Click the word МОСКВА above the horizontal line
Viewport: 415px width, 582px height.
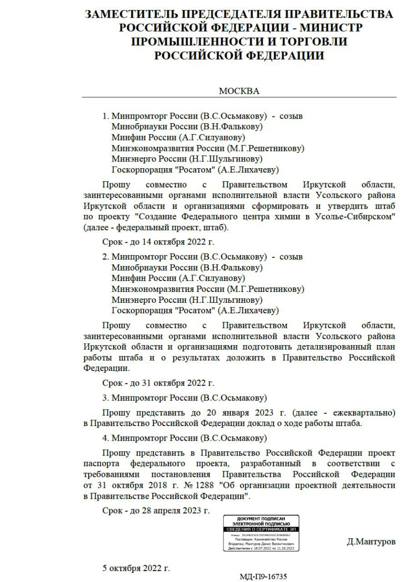pyautogui.click(x=239, y=91)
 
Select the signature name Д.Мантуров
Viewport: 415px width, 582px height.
pyautogui.click(x=371, y=542)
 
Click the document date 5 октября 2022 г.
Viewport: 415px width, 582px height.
pyautogui.click(x=136, y=568)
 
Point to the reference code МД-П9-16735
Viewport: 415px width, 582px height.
pyautogui.click(x=263, y=577)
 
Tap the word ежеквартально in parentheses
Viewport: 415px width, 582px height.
pyautogui.click(x=365, y=413)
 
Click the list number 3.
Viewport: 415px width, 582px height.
pyautogui.click(x=105, y=398)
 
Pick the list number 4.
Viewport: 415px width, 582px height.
pyautogui.click(x=105, y=438)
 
